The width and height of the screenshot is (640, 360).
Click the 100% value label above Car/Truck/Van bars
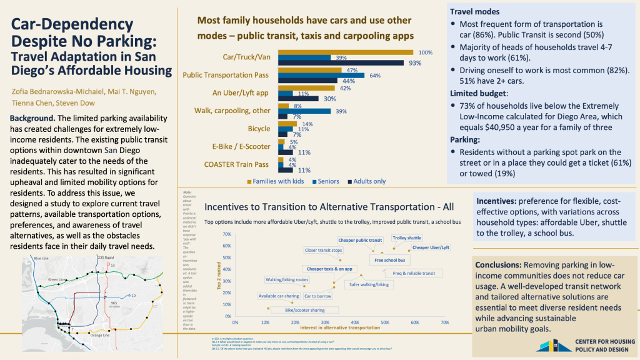pos(426,52)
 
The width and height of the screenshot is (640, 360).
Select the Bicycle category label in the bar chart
pos(257,129)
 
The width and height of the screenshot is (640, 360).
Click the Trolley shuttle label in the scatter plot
pos(407,238)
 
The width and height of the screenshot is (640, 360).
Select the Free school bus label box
pos(389,259)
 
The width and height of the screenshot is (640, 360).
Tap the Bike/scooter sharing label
pos(304,309)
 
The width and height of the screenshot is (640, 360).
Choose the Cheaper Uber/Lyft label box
pos(431,247)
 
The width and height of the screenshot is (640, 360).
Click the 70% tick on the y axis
pos(226,234)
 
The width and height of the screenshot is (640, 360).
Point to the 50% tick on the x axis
pos(385,322)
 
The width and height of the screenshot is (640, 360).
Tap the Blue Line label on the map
pos(41,259)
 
